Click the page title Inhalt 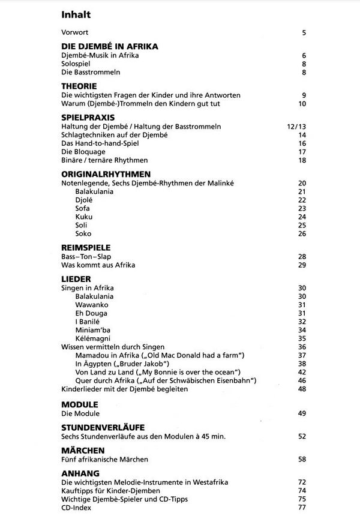pos(76,14)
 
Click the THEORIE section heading pos(79,86)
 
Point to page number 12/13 pos(297,127)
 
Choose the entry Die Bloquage pos(85,152)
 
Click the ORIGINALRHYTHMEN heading pos(106,173)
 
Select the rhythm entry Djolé pos(85,200)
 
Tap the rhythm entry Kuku pos(84,217)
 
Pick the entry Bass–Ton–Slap pos(86,256)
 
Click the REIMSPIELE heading pos(86,247)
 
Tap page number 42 pos(302,372)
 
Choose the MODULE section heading pos(80,404)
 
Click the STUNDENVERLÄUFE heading pos(103,427)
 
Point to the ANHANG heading pos(80,473)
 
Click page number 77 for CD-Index pos(302,507)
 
